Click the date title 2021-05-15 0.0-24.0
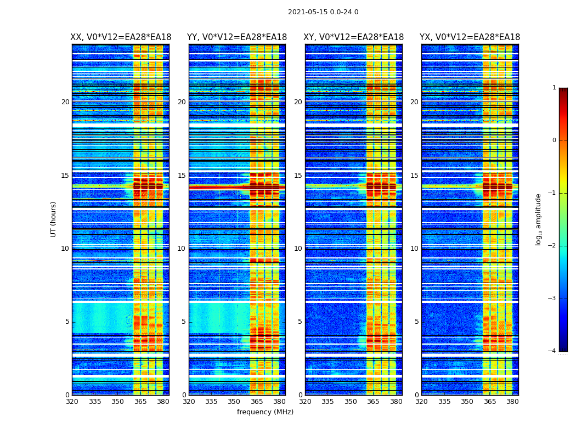(323, 12)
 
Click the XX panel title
(121, 37)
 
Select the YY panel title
(237, 37)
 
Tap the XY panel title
(354, 37)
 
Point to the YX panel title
(470, 37)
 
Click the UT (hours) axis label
(54, 219)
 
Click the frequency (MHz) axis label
(265, 412)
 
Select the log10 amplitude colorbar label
(539, 219)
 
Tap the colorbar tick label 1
(554, 88)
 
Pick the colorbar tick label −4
(552, 351)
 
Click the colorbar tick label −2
(552, 246)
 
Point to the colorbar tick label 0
(554, 140)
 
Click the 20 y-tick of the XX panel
(65, 102)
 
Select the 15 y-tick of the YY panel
(182, 176)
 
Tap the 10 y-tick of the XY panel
(298, 249)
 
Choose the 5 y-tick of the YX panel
(416, 322)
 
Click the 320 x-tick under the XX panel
(72, 402)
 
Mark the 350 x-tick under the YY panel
(234, 402)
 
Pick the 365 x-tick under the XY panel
(373, 402)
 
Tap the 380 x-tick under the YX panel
(512, 402)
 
